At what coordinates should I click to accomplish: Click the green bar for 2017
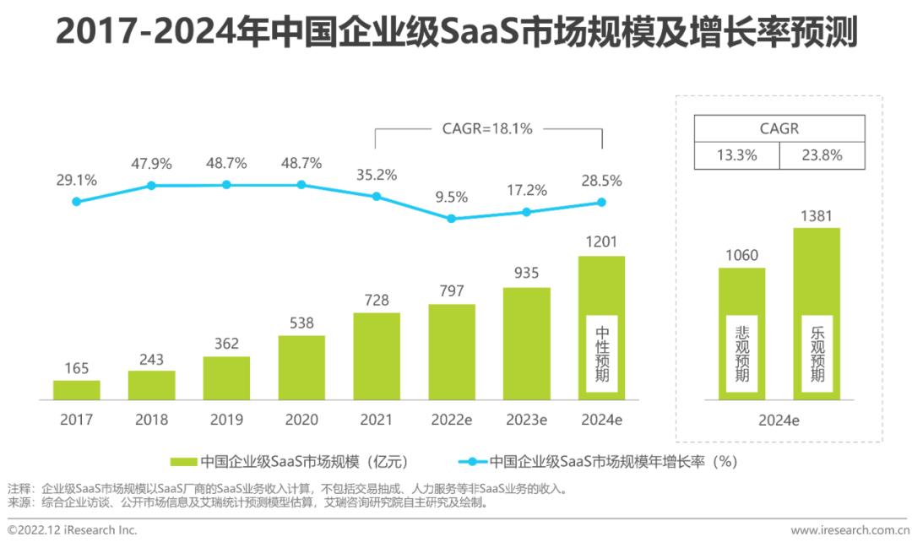tap(76, 389)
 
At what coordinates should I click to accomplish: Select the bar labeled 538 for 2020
tap(301, 367)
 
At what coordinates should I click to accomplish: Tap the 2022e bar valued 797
tap(451, 351)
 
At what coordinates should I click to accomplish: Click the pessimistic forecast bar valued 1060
tap(741, 334)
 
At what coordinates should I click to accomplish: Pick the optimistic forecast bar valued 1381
tap(816, 313)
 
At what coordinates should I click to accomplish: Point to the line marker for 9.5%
tap(451, 218)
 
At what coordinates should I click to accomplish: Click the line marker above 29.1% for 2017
tap(77, 201)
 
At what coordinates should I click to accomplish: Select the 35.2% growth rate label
tap(377, 175)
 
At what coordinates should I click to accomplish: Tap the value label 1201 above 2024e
tap(601, 242)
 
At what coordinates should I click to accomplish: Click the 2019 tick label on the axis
tap(226, 420)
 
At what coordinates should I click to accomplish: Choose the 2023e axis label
tap(526, 420)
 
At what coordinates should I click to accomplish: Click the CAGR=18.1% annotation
tap(487, 129)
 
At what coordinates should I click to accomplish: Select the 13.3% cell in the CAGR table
tap(736, 155)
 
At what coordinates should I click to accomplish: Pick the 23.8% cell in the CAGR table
tap(821, 155)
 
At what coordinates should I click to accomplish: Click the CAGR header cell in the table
tap(779, 129)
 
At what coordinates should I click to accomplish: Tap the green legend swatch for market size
tap(183, 462)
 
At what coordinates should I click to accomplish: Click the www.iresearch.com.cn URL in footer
tap(850, 530)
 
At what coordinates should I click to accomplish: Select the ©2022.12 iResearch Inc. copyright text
tap(72, 530)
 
